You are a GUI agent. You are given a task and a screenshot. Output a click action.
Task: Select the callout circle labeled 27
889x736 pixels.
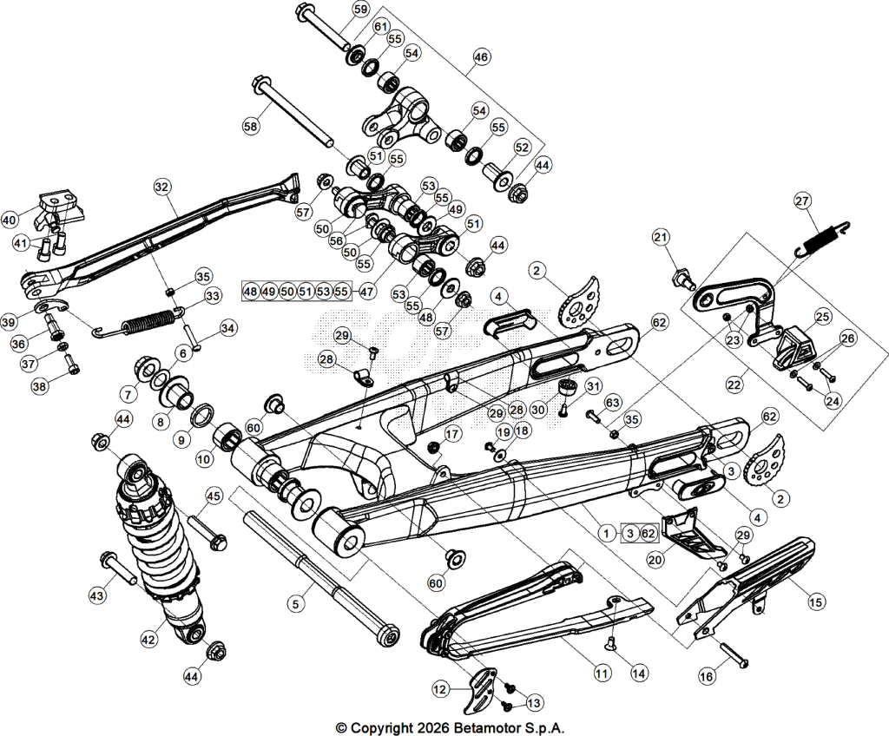tap(802, 200)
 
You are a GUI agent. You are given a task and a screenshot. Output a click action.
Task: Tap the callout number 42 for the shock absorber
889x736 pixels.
tap(148, 639)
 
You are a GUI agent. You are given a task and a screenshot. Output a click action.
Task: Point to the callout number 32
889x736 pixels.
tap(161, 187)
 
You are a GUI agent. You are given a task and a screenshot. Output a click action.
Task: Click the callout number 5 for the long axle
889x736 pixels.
tap(295, 604)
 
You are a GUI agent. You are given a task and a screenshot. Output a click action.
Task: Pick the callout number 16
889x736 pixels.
tap(707, 676)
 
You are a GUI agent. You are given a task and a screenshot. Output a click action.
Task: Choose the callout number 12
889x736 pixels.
tap(440, 689)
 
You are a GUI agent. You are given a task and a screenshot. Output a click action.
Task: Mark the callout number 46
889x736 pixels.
tap(481, 57)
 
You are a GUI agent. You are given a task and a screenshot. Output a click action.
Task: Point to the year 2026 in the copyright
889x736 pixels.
tap(434, 727)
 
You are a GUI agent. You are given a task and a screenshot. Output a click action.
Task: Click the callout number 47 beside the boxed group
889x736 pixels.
tap(367, 292)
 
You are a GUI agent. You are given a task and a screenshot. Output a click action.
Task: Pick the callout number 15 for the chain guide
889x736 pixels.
tap(816, 602)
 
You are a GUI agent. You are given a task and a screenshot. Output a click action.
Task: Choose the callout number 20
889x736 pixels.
tap(655, 560)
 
